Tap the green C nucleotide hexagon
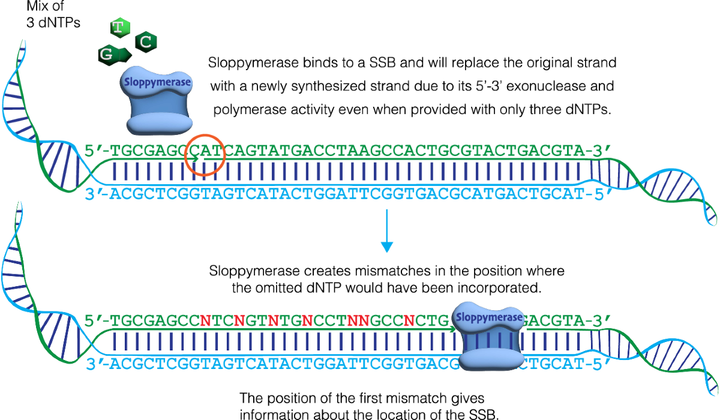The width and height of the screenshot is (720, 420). (x=146, y=41)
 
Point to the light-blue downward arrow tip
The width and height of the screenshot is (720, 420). (x=387, y=247)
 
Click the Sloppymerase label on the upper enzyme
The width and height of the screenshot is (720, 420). (x=156, y=82)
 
